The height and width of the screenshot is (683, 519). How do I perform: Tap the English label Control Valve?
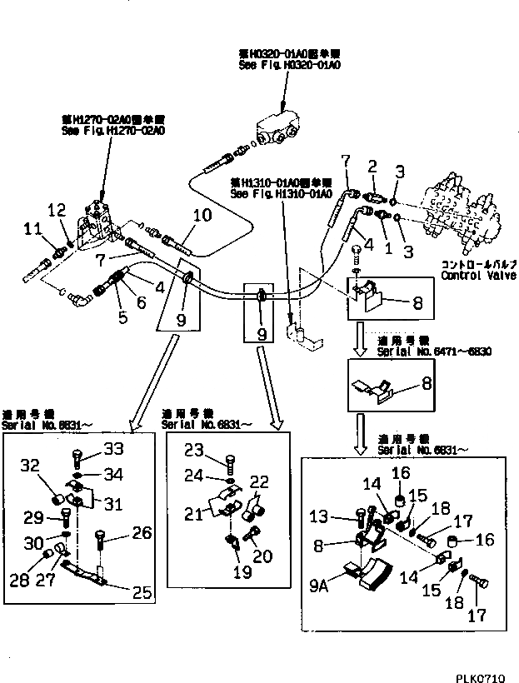(478, 275)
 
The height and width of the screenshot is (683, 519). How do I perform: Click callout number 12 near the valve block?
(57, 208)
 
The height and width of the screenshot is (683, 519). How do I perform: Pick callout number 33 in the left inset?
(113, 450)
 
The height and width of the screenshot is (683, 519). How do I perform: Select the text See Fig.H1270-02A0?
(102, 131)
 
